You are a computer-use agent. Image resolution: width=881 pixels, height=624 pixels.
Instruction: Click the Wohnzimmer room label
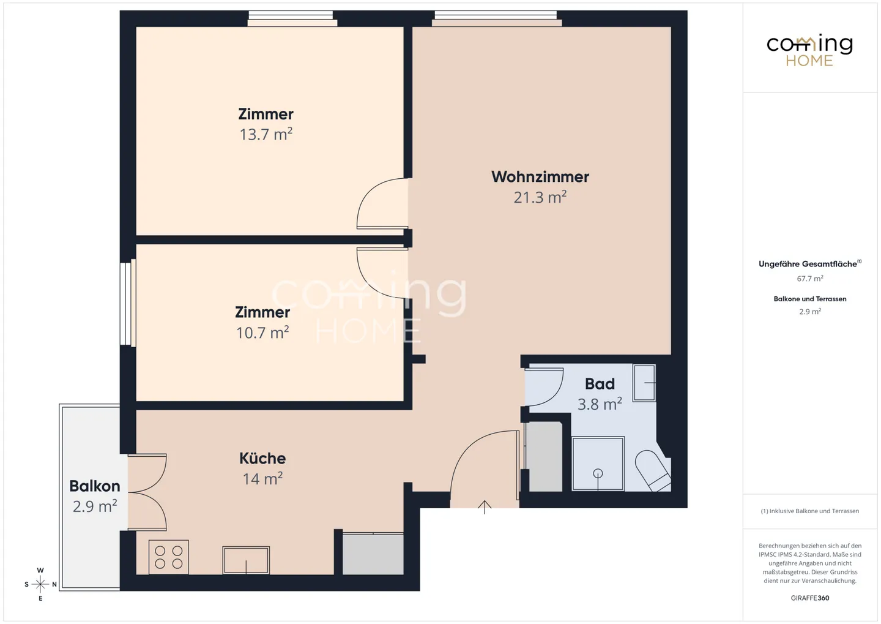[540, 177]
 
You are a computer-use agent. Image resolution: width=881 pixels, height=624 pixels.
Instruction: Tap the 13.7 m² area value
[266, 135]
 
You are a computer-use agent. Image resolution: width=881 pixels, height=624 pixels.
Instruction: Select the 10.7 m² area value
[262, 333]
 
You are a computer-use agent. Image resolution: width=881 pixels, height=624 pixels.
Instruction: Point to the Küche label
[262, 458]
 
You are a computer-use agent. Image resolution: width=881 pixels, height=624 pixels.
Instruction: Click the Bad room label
[600, 384]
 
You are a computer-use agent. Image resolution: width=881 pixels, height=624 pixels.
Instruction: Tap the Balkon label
[94, 486]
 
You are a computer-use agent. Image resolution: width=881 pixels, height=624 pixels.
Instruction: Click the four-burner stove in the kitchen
[169, 557]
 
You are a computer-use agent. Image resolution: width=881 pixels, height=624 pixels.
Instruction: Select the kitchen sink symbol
[246, 560]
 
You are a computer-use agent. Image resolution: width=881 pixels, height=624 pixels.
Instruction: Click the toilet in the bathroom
[653, 470]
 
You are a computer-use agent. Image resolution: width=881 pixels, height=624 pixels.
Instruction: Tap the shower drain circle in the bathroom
[598, 473]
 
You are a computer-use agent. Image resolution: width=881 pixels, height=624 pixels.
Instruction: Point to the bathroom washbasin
[644, 383]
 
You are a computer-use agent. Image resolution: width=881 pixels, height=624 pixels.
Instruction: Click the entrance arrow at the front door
[485, 506]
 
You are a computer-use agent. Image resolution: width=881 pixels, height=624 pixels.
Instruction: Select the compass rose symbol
[40, 584]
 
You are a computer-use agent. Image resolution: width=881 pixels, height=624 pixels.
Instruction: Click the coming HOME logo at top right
[809, 50]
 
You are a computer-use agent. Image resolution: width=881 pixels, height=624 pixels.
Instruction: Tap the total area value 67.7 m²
[809, 279]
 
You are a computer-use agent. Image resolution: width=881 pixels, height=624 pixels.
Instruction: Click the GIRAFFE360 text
[809, 598]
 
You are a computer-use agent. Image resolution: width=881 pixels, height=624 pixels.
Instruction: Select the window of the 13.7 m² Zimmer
[291, 19]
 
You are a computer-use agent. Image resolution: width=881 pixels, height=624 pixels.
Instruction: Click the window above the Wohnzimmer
[496, 19]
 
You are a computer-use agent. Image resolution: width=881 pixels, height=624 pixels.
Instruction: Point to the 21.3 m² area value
[540, 198]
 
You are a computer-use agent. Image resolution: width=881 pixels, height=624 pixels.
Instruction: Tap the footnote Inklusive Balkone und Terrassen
[810, 511]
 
